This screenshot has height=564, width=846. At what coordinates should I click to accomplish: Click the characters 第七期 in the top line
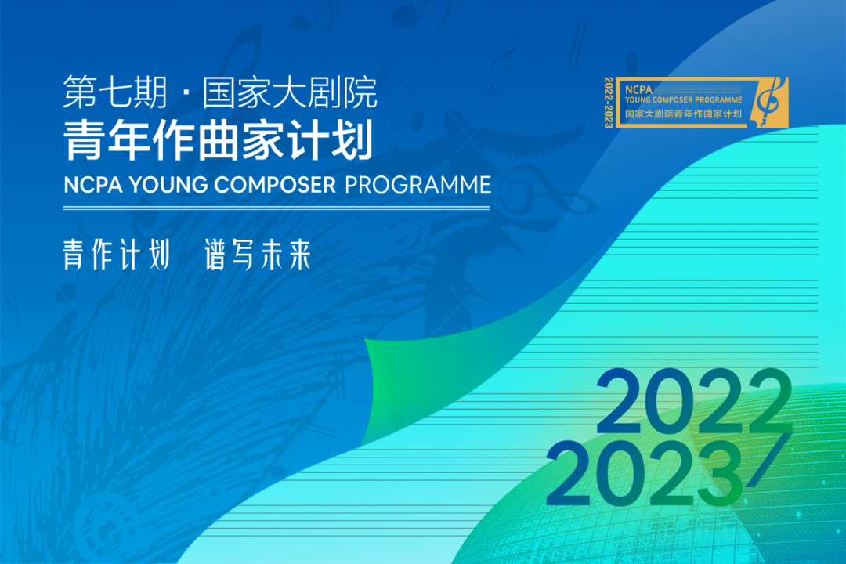coord(115,92)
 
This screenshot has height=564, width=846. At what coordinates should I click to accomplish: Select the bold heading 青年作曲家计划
coord(219,140)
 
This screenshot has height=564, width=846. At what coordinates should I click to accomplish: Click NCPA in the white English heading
coord(93,185)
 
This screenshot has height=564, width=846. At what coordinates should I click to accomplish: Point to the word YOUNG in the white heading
coord(168,185)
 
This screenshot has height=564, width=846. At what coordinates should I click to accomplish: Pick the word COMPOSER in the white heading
coord(275,185)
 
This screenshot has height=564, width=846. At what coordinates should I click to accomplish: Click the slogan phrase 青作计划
coord(117,255)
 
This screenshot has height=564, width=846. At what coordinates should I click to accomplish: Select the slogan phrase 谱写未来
coord(258,255)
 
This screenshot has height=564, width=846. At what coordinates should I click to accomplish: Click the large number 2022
coord(694,402)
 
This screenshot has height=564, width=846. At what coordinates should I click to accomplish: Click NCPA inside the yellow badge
coord(638,89)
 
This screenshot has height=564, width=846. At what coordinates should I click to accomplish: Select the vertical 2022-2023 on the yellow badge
coord(609,103)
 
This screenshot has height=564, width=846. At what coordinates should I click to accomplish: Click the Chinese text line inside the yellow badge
coord(684,114)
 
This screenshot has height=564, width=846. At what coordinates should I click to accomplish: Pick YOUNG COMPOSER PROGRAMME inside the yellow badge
coord(684,99)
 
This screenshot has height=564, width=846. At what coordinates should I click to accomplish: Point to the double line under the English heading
coord(277,208)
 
